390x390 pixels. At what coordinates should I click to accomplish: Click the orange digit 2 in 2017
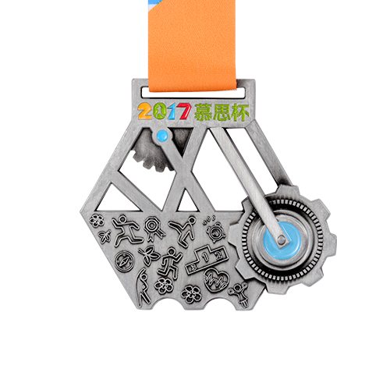pos(145,112)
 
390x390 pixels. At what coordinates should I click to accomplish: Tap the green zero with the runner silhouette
pos(160,111)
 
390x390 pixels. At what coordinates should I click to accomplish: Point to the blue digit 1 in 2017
pos(172,112)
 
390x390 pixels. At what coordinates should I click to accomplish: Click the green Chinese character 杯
pos(240,112)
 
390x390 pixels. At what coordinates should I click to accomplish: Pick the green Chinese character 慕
pos(204,112)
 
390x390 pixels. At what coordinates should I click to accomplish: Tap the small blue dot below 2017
pos(162,135)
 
